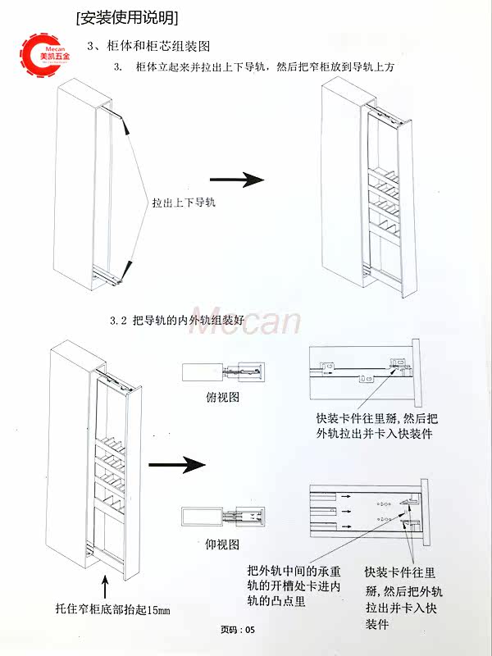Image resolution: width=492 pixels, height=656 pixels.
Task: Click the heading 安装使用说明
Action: pos(126,16)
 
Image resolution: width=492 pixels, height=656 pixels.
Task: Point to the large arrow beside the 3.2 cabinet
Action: pos(175,465)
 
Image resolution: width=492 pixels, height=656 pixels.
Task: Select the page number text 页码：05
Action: pos(239,630)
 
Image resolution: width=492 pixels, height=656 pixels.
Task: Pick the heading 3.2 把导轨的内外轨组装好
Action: pos(177,321)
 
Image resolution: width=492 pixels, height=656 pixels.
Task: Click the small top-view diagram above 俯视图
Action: pos(223,371)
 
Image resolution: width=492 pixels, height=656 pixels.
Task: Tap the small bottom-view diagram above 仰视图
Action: pos(223,517)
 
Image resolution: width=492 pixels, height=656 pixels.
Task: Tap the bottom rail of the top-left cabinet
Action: pos(107,278)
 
